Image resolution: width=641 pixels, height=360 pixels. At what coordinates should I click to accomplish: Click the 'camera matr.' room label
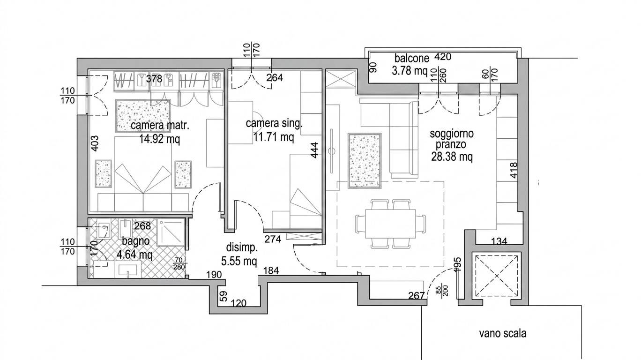(x=160, y=126)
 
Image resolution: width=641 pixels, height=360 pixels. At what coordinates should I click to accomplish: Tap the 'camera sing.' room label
(x=274, y=124)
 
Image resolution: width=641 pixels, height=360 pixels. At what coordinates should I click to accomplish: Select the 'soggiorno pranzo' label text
(x=452, y=139)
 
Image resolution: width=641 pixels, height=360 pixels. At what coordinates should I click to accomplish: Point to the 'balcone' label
(x=411, y=59)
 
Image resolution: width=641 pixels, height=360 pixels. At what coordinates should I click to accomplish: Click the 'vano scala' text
(x=503, y=334)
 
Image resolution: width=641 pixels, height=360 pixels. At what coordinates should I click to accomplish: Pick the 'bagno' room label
(x=135, y=241)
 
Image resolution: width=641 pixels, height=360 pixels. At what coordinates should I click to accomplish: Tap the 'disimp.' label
(x=242, y=248)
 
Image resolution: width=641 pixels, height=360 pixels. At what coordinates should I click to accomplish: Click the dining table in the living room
(x=390, y=224)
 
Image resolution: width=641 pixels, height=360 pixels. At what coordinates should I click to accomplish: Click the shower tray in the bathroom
(x=171, y=232)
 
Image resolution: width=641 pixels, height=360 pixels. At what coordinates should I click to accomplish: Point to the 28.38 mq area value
(x=452, y=157)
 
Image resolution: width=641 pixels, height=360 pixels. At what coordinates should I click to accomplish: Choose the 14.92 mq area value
(x=159, y=139)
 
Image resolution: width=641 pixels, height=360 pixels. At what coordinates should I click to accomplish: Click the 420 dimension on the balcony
(x=443, y=57)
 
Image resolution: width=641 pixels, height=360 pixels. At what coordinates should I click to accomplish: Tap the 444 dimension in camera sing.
(x=314, y=150)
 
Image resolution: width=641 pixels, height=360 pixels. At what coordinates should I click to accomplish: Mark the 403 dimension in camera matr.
(x=95, y=143)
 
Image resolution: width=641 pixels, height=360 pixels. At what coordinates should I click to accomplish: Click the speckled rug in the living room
(x=365, y=160)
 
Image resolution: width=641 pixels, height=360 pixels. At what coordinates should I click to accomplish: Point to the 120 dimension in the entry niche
(x=239, y=303)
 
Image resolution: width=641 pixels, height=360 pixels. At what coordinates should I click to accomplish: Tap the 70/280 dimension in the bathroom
(x=179, y=263)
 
